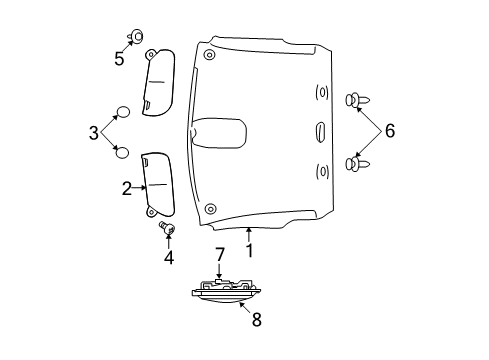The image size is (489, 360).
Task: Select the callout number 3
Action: click(94, 131)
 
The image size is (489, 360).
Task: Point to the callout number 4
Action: click(169, 258)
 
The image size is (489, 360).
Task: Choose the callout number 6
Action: click(390, 130)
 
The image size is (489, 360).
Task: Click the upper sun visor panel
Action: click(160, 84)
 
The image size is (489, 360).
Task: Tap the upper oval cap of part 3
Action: click(121, 111)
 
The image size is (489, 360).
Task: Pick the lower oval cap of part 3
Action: click(121, 151)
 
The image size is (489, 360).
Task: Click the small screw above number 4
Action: click(167, 231)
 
